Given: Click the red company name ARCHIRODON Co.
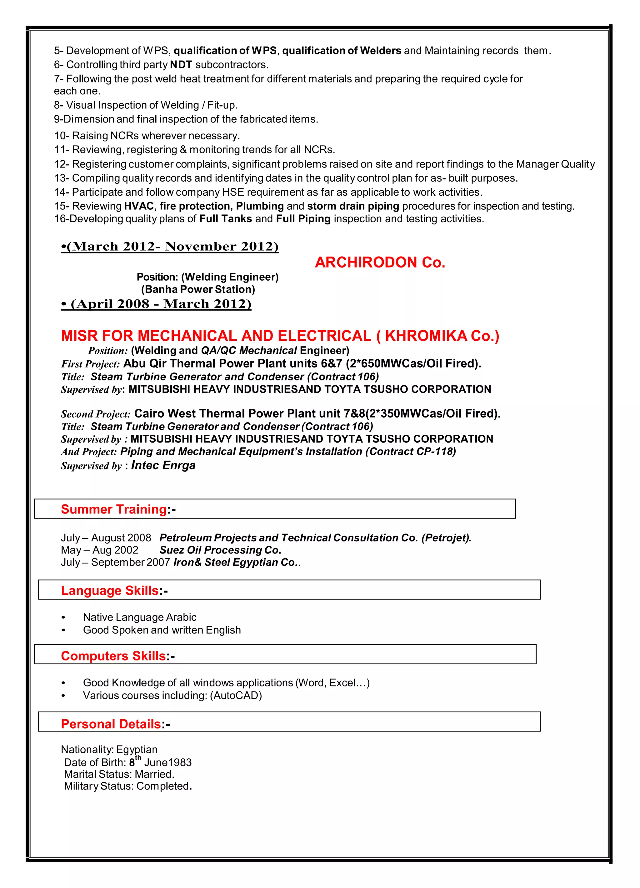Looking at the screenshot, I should pos(380,262).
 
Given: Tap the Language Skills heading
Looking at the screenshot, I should pos(110,590).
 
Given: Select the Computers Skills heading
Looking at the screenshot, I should pos(113,656).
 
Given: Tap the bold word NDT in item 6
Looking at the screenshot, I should pos(181,65).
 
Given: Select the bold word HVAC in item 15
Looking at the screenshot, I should pos(139,206).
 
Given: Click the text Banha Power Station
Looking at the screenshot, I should pos(198,289).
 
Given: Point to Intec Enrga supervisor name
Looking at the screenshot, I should pos(163,465).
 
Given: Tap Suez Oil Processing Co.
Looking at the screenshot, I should pos(220,550).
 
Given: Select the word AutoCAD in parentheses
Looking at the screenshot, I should pos(237,695).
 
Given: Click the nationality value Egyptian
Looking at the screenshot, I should pos(137,750).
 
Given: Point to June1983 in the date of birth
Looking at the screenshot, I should pos(168,763).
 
